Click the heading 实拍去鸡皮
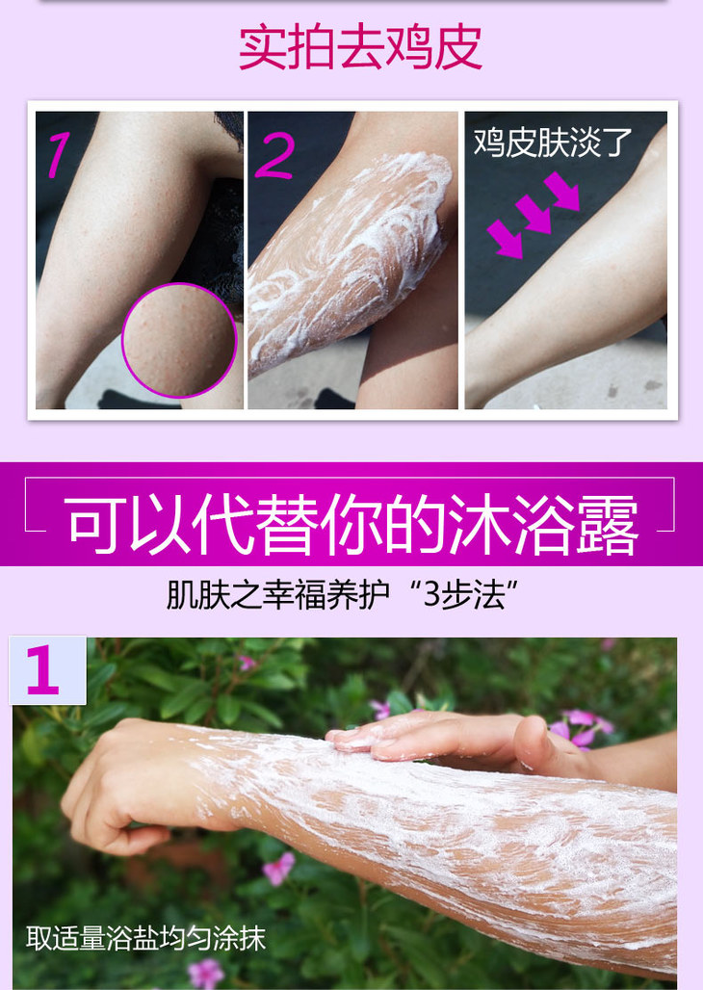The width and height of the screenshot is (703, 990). (x=360, y=47)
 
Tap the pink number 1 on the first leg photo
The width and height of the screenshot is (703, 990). (x=59, y=154)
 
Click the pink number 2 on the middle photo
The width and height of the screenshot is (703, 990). (x=274, y=155)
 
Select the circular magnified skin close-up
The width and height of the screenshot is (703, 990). (x=179, y=340)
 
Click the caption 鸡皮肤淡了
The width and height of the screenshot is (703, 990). (x=553, y=142)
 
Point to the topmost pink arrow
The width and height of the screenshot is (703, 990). (x=562, y=191)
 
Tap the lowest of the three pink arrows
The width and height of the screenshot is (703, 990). (x=506, y=239)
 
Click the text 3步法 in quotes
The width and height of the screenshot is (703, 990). (x=463, y=594)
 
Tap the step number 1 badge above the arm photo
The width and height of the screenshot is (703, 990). (x=47, y=670)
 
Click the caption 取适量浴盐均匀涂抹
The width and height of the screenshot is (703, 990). (x=146, y=938)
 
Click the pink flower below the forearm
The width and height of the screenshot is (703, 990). (x=278, y=869)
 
